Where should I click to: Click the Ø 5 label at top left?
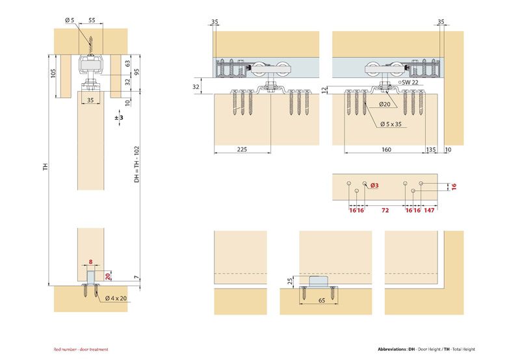pyautogui.click(x=70, y=20)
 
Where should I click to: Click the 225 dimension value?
pyautogui.click(x=242, y=149)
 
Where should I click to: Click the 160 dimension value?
pyautogui.click(x=386, y=149)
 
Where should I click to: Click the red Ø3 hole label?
pyautogui.click(x=374, y=186)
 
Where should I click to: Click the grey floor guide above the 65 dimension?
pyautogui.click(x=318, y=281)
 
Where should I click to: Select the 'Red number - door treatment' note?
pyautogui.click(x=81, y=350)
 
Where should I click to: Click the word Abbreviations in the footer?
pyautogui.click(x=393, y=350)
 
